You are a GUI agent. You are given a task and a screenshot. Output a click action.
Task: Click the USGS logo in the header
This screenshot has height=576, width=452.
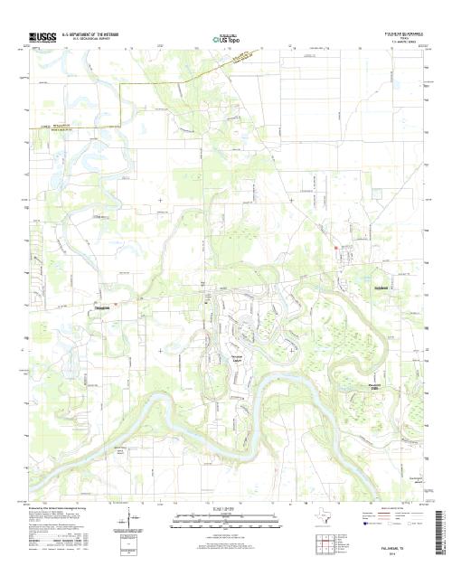pyautogui.click(x=42, y=37)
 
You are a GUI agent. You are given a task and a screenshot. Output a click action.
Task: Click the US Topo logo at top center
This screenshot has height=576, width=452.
pyautogui.click(x=226, y=40)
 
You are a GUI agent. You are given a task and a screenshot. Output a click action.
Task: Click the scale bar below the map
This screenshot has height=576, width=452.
pyautogui.click(x=226, y=522)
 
